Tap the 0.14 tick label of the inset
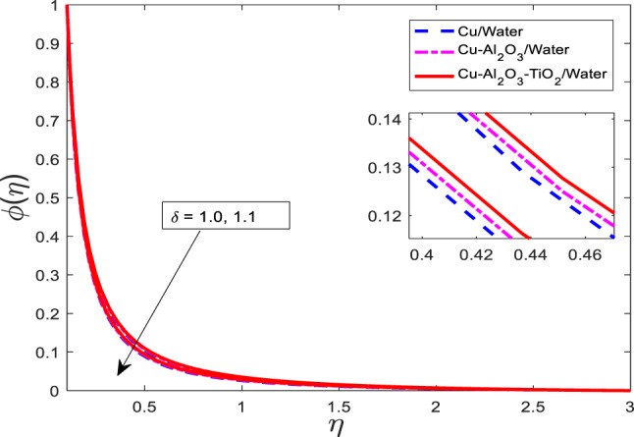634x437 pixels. [378, 119]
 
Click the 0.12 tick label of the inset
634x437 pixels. [378, 215]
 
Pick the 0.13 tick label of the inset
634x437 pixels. [378, 167]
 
